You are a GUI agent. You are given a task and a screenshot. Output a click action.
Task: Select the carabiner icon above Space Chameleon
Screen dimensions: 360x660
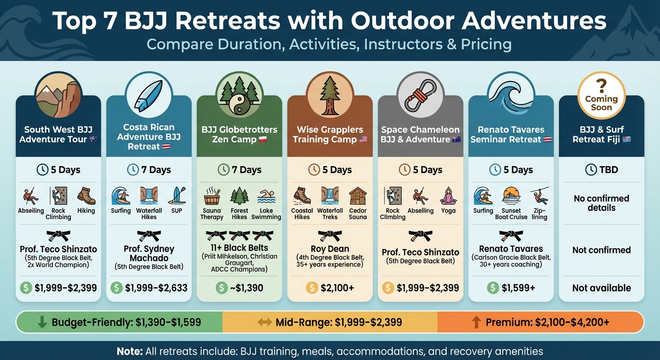click(x=420, y=96)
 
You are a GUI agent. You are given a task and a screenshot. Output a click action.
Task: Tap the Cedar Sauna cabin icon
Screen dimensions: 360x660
click(x=357, y=196)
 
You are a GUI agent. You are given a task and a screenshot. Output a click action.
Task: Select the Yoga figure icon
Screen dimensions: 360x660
click(x=448, y=196)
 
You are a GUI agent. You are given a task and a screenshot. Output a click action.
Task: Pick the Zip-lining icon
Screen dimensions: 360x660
click(x=539, y=196)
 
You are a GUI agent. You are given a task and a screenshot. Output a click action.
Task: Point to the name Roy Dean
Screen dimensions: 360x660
click(x=330, y=249)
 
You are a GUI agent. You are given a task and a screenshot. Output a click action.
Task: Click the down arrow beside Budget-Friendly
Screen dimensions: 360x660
click(x=42, y=322)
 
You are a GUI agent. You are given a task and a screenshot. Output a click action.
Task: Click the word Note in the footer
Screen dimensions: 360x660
click(x=129, y=351)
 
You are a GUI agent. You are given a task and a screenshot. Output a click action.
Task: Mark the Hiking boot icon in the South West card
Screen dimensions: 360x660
click(x=86, y=196)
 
